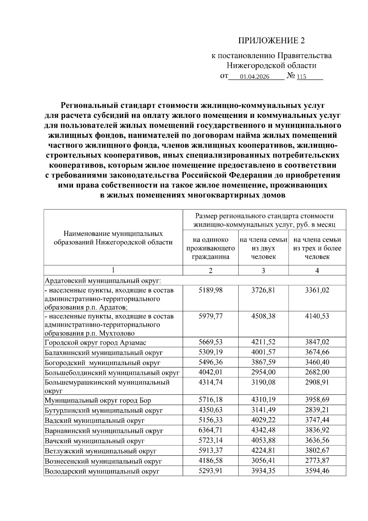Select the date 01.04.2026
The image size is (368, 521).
click(x=255, y=77)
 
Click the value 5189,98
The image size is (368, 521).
click(x=210, y=290)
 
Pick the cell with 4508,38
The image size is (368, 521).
click(x=263, y=316)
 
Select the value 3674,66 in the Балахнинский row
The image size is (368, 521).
click(x=317, y=352)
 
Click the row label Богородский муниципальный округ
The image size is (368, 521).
click(x=102, y=363)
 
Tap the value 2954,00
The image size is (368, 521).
click(x=263, y=372)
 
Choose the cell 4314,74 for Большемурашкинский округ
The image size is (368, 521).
click(x=210, y=382)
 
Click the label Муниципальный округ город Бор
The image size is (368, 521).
click(x=98, y=400)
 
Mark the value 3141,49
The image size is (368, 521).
click(x=263, y=410)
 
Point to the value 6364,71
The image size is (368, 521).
click(x=210, y=430)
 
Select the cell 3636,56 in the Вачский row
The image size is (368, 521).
click(x=317, y=440)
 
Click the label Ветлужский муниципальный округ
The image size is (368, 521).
click(x=101, y=451)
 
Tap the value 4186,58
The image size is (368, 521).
click(x=210, y=461)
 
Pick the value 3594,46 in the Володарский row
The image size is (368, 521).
click(x=317, y=471)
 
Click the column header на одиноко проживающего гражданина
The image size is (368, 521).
click(x=210, y=248)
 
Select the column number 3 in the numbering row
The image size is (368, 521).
click(x=263, y=270)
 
